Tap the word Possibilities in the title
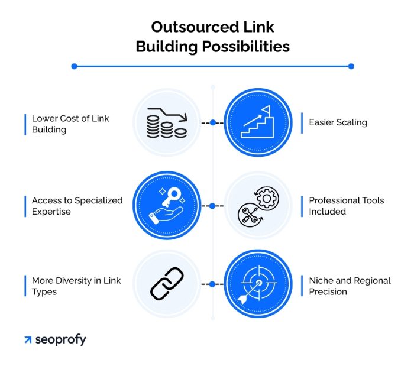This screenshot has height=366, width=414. [x=245, y=46]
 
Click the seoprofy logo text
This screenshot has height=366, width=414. [x=60, y=339]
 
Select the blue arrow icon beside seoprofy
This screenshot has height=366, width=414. [x=28, y=340]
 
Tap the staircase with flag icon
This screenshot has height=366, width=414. [x=258, y=123]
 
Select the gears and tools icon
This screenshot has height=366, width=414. [x=258, y=206]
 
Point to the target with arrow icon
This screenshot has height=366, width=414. [x=258, y=284]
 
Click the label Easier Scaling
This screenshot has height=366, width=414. [x=338, y=122]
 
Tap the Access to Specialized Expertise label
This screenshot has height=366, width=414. [x=77, y=206]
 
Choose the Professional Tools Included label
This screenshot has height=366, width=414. [x=346, y=206]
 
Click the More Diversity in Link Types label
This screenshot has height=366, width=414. [x=76, y=286]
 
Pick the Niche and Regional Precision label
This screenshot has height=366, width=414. [x=349, y=286]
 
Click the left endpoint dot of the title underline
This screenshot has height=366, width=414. [x=74, y=66]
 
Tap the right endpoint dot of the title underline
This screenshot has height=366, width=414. [x=351, y=66]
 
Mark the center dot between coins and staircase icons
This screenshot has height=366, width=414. [x=212, y=123]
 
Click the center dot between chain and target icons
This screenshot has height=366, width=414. [x=212, y=284]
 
